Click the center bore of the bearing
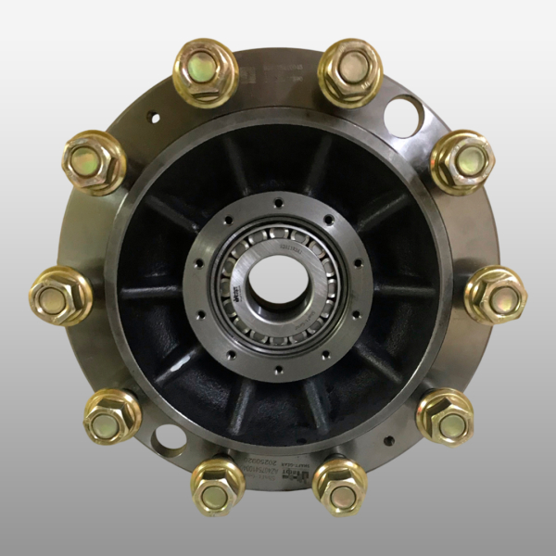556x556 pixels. click(277, 283)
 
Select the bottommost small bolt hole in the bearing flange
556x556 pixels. click(278, 370)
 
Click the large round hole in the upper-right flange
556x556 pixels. click(404, 116)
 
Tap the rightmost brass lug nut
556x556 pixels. click(496, 295)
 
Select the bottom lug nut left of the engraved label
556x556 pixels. click(218, 486)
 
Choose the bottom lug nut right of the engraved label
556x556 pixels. click(339, 486)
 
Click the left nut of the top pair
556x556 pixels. click(206, 71)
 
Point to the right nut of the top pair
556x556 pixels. click(350, 70)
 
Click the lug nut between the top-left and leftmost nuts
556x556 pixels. click(94, 161)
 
